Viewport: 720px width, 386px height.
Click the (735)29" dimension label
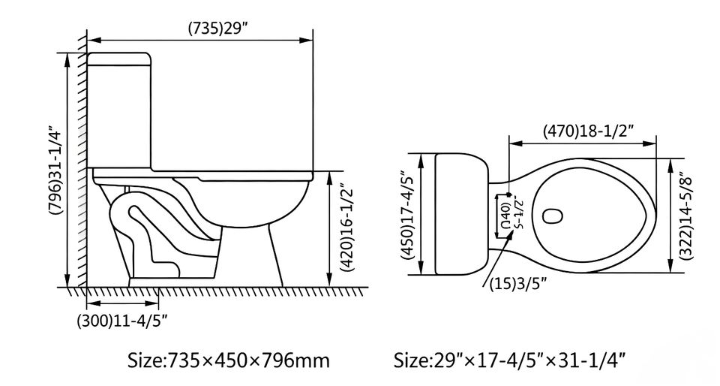pyautogui.click(x=218, y=29)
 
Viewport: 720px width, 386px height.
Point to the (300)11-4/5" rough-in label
pyautogui.click(x=122, y=320)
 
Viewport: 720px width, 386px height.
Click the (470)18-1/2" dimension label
pyautogui.click(x=589, y=131)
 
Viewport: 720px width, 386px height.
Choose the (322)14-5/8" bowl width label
pyautogui.click(x=688, y=216)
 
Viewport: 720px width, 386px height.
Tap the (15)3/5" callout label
pyautogui.click(x=518, y=284)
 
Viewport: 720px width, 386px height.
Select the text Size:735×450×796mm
pyautogui.click(x=228, y=360)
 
